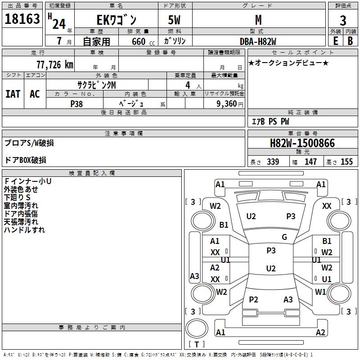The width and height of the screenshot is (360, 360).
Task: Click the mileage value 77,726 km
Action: point(54,64)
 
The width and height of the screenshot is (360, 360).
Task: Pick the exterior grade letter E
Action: point(335,41)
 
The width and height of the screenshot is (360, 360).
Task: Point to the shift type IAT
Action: point(13,94)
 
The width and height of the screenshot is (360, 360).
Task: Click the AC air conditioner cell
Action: point(35,94)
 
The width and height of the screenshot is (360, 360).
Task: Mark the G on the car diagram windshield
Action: point(284,237)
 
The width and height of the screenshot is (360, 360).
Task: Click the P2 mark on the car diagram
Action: point(253,300)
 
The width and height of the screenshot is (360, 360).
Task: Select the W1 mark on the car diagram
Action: point(320,292)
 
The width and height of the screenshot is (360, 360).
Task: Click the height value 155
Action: point(346,162)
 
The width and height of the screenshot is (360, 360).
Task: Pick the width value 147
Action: point(310,162)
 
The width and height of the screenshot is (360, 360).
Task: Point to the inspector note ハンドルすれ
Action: point(24,230)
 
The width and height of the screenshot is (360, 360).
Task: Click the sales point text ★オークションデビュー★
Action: point(288,63)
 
